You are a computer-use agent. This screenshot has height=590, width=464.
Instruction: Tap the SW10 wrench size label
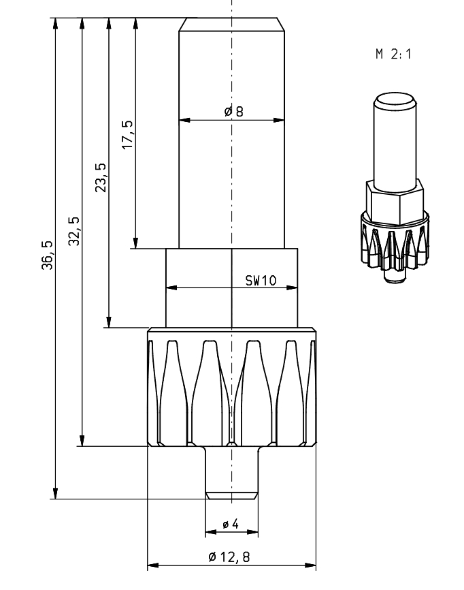click(260, 281)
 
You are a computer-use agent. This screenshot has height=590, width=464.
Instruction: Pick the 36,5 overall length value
click(48, 256)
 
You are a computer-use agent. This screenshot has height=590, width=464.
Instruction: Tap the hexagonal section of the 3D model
click(394, 200)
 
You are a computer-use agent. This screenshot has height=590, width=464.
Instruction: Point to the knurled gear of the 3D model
click(393, 242)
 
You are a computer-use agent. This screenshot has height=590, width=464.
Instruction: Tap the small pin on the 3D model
click(393, 276)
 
